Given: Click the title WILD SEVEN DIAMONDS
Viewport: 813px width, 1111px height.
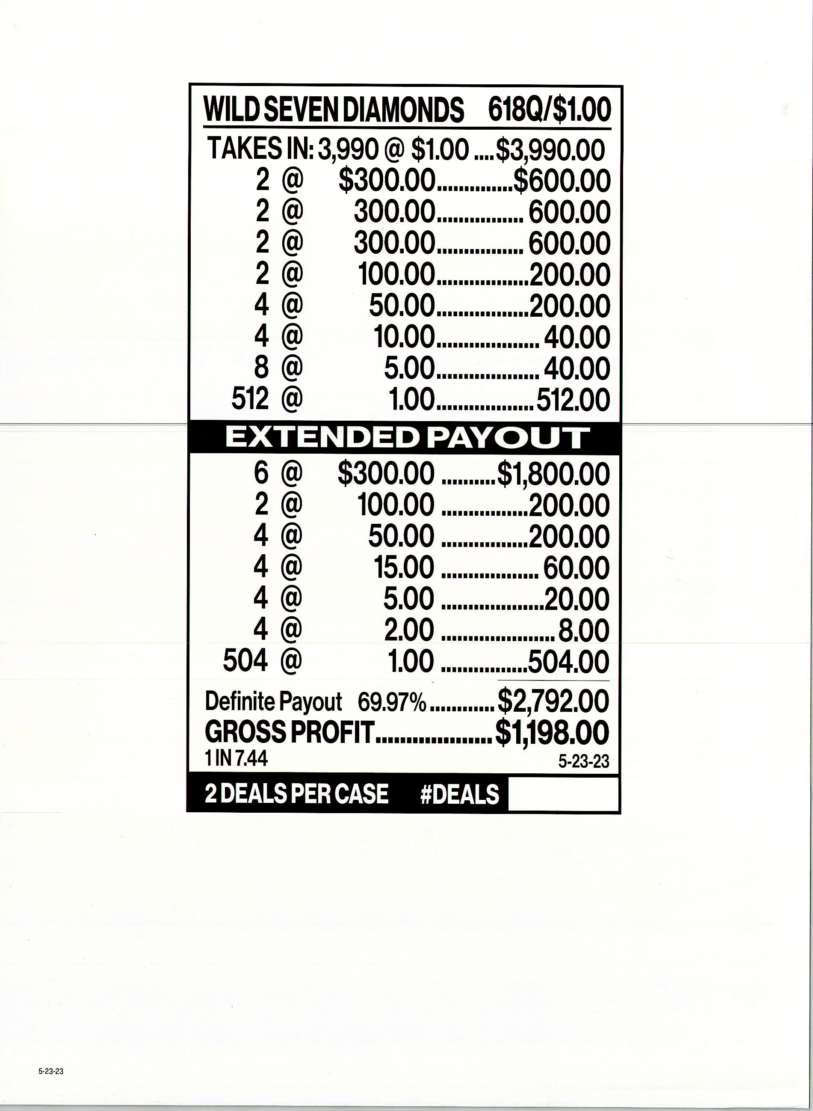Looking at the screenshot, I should [x=334, y=110].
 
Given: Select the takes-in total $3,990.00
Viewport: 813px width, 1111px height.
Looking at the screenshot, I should [x=550, y=150].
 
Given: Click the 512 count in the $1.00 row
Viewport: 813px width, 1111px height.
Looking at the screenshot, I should [x=250, y=399].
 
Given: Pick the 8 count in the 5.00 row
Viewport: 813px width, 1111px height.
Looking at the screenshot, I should [x=262, y=368].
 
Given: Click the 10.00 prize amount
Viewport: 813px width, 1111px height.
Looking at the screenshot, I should [x=404, y=337].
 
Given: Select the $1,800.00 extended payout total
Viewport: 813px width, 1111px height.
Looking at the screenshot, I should [x=553, y=474].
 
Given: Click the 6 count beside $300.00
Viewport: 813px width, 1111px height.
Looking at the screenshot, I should [x=261, y=473].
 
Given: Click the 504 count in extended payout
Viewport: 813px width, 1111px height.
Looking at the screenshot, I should [x=245, y=661].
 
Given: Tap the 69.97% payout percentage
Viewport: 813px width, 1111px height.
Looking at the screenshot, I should [x=391, y=702].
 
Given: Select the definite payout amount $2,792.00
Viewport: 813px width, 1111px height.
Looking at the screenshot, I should [x=553, y=701].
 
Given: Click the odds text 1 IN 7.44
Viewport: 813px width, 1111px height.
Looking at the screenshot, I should [x=236, y=759].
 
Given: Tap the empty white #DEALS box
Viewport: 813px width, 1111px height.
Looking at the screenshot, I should [x=562, y=794].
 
